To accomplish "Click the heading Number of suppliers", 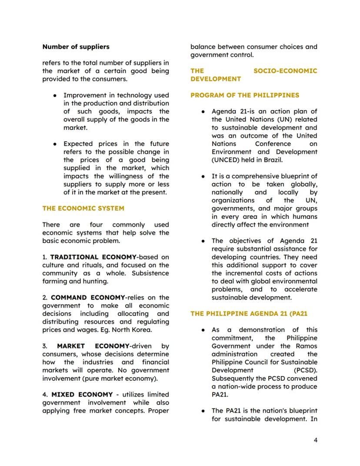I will coord(76,47).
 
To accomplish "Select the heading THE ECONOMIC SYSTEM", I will coord(83,208).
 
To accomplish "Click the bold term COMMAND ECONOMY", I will coord(87,298).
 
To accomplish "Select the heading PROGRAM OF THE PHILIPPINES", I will coord(245,95).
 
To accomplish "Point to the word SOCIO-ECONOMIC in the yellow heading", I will coord(285,71).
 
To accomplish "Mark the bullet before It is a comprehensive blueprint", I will coord(203,177).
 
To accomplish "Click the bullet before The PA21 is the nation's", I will coord(203,411).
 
